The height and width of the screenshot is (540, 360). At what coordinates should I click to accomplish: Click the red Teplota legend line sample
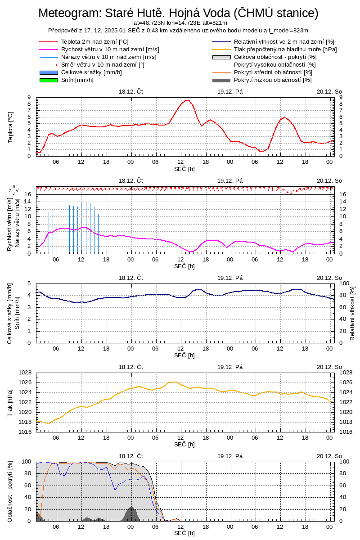[49, 42]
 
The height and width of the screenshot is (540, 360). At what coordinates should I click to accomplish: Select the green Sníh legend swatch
[49, 80]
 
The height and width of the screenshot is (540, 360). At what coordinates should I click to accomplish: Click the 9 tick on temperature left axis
[29, 97]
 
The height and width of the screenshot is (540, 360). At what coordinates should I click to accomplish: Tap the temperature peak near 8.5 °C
[186, 100]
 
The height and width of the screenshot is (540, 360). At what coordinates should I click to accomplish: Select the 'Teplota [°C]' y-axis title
[10, 127]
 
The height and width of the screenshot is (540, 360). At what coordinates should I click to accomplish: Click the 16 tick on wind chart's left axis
[27, 194]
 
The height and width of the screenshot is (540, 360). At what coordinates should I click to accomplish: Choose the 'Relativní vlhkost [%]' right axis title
[352, 313]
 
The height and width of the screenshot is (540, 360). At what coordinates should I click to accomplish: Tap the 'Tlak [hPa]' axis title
[10, 402]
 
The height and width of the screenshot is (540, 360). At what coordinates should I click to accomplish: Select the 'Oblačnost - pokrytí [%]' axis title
[10, 491]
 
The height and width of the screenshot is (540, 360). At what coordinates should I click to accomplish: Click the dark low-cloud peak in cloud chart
[131, 507]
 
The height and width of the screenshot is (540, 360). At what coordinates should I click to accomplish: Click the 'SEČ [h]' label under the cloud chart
[184, 533]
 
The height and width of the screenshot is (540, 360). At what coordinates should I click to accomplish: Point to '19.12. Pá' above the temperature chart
[230, 91]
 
